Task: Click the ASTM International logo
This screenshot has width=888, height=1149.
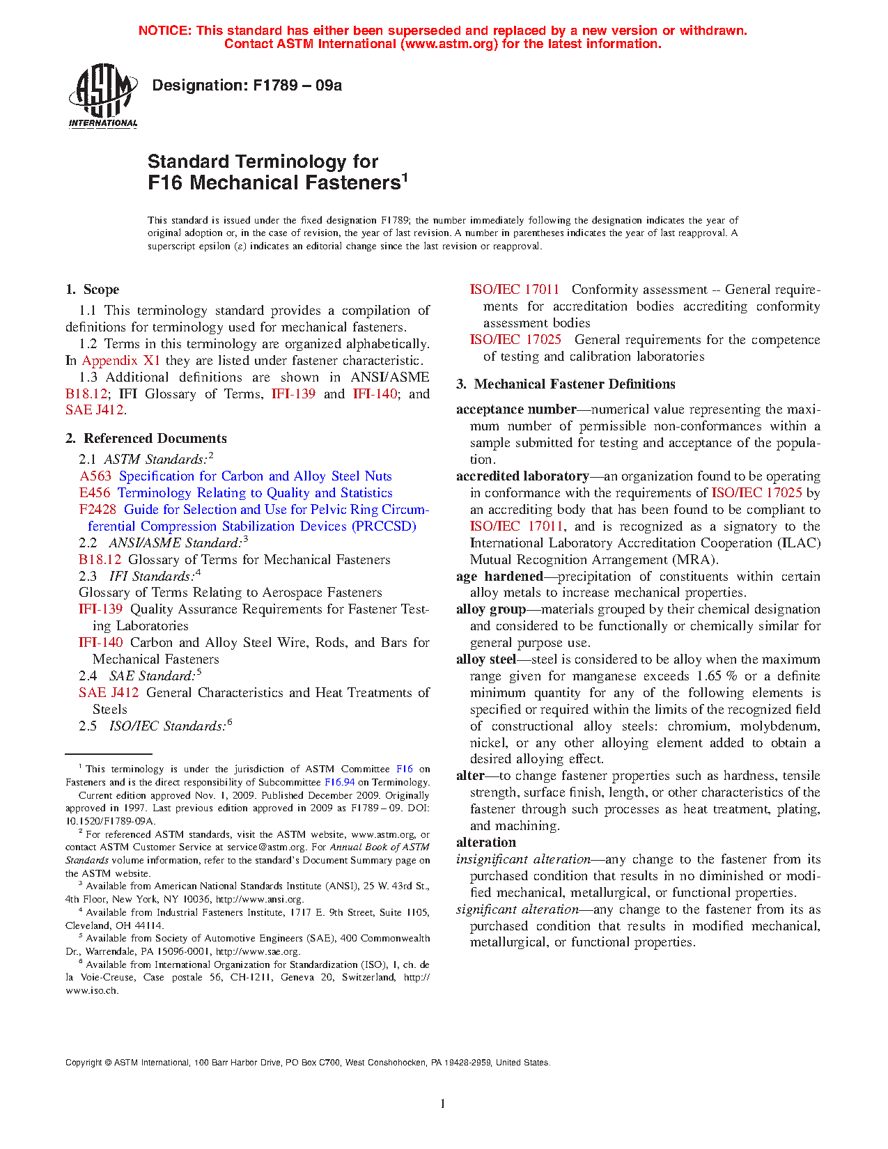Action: point(103,95)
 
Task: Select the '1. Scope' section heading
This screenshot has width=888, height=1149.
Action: point(92,290)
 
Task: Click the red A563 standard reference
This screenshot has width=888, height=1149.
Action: point(95,476)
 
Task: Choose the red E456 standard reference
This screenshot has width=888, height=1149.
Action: point(95,493)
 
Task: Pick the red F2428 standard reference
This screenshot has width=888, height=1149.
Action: point(98,510)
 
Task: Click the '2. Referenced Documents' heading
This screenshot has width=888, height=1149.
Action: point(146,439)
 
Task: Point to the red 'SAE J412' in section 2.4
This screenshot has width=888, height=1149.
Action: point(109,693)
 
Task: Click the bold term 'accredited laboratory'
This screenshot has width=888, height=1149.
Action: point(522,476)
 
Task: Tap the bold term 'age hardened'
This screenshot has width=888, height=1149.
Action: point(499,577)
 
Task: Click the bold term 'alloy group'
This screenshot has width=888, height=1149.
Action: point(491,609)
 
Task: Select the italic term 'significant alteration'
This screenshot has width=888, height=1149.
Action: point(517,909)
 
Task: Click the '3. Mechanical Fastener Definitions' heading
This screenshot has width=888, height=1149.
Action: point(566,384)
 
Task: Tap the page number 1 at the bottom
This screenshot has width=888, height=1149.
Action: point(443,1104)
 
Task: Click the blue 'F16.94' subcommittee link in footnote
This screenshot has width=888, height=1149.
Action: point(340,783)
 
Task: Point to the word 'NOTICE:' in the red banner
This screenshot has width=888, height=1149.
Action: point(165,31)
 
